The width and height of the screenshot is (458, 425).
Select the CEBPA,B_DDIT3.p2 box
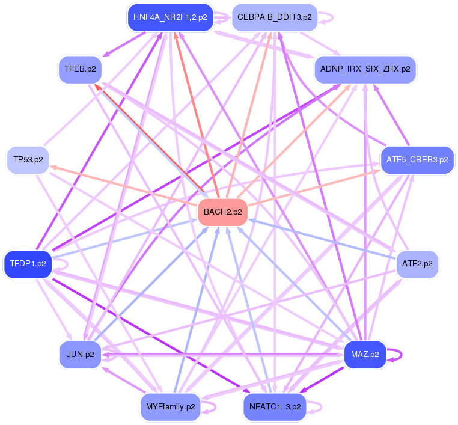tap(274, 17)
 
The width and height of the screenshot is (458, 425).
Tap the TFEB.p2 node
tap(80, 69)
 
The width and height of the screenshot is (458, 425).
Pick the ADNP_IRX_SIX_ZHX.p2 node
tap(365, 69)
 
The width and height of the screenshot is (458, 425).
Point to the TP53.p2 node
tap(28, 160)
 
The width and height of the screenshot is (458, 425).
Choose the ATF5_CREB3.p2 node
tap(417, 160)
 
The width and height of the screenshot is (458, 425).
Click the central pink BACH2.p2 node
tap(223, 212)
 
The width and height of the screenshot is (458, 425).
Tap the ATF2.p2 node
tap(417, 264)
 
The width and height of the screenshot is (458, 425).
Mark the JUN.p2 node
tap(80, 355)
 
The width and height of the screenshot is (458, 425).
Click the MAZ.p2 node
tap(365, 355)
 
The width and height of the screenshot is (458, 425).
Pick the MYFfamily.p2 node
tap(170, 407)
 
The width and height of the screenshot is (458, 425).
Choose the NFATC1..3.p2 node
tap(274, 407)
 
